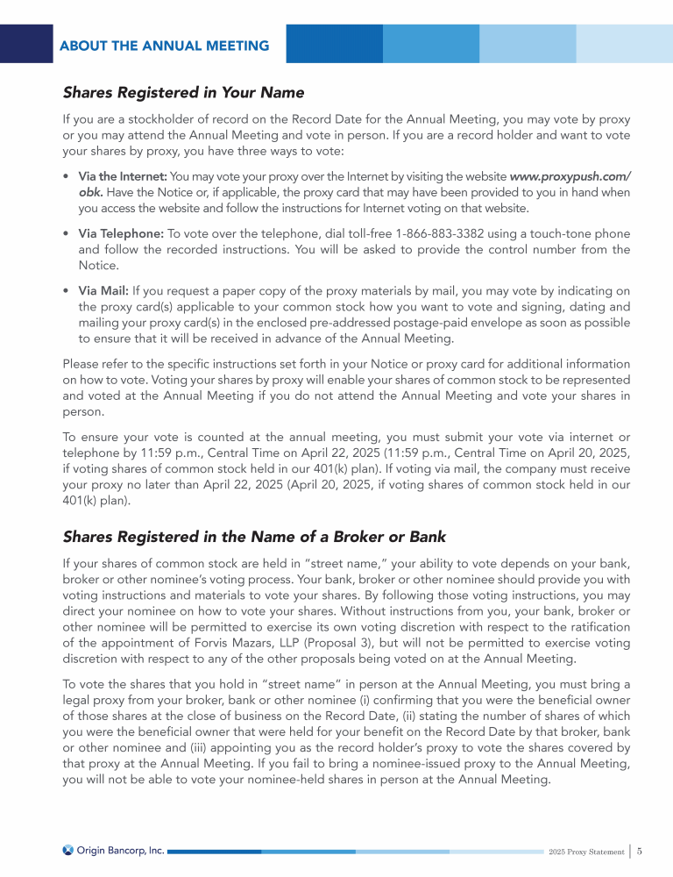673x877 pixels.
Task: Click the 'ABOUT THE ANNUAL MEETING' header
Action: (164, 46)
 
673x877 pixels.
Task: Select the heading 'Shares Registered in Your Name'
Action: (183, 92)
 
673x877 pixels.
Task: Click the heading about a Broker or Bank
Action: (254, 537)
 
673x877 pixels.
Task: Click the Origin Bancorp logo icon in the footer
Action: (68, 850)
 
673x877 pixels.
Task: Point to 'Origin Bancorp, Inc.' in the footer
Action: (120, 850)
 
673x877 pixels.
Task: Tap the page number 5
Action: (641, 851)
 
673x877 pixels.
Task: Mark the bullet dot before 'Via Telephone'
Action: (67, 234)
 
